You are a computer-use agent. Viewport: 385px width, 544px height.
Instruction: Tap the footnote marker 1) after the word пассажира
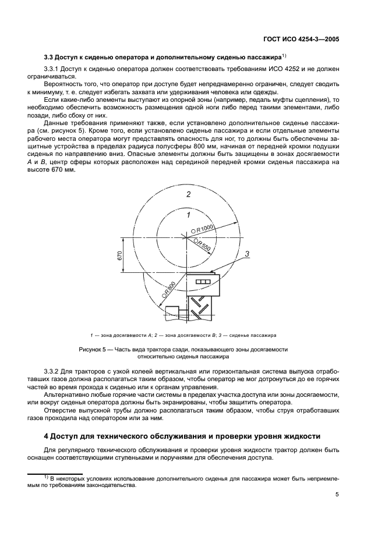(283, 55)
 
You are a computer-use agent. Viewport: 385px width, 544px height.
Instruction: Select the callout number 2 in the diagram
(188, 194)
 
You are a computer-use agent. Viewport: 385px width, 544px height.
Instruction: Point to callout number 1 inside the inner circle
(188, 215)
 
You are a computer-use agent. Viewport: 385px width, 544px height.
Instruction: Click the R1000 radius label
(205, 227)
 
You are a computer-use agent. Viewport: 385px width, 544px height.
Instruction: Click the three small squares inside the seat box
(202, 282)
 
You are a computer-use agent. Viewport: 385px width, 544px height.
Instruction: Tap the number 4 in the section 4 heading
(47, 436)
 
